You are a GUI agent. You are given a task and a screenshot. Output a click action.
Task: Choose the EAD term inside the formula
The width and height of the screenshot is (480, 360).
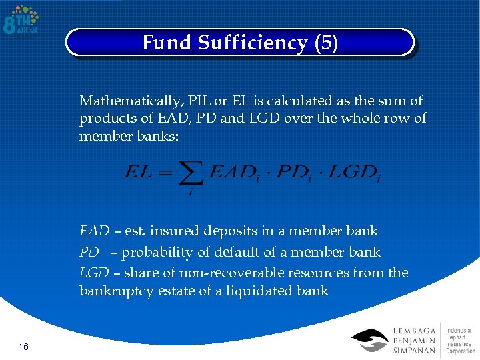click(233, 173)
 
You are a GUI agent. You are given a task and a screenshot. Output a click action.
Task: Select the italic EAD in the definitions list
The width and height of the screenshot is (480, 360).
click(94, 231)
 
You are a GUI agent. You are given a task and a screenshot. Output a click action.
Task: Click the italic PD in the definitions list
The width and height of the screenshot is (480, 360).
click(89, 252)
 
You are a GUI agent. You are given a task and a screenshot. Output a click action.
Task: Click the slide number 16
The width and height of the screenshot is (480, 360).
click(23, 347)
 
